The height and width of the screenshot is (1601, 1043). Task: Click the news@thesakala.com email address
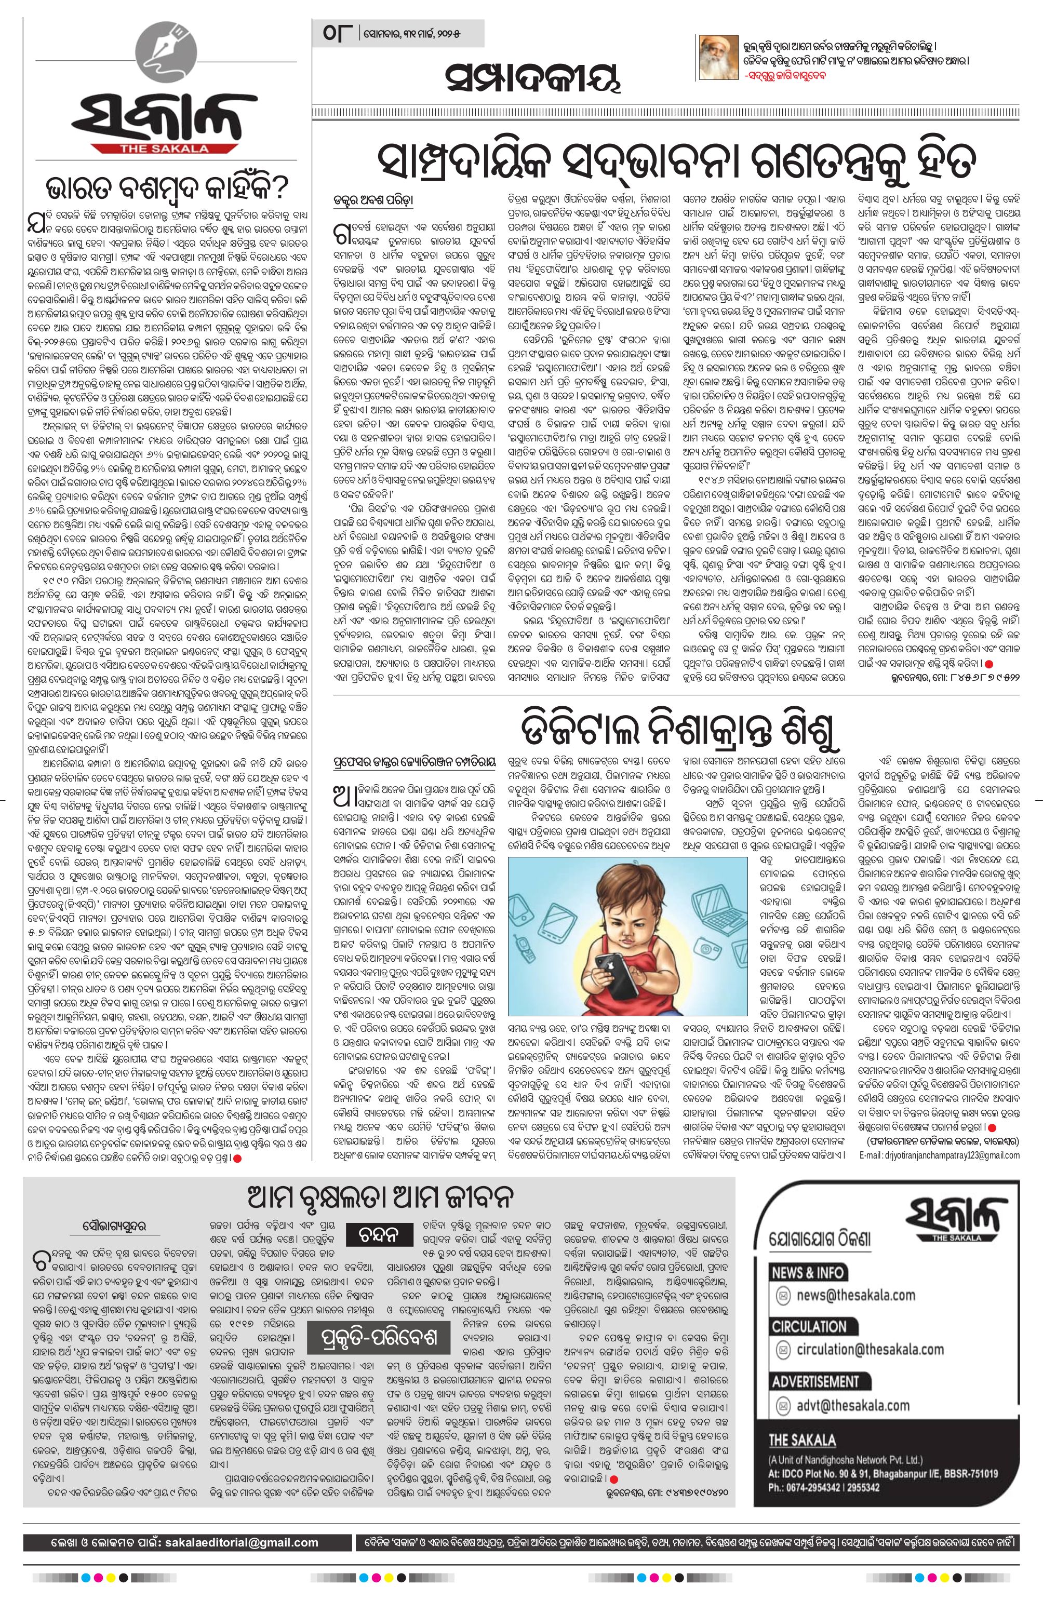(855, 1295)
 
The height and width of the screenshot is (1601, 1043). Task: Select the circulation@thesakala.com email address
(870, 1349)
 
